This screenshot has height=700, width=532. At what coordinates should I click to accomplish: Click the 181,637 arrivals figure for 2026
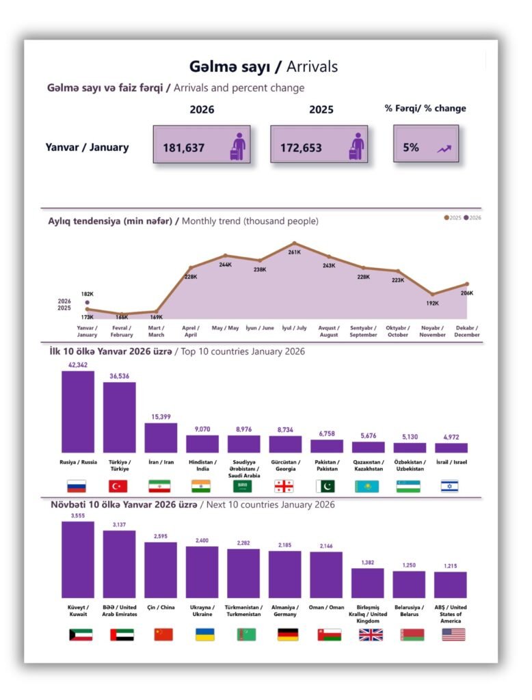click(184, 147)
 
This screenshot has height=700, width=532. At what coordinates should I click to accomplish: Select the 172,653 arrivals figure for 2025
click(301, 147)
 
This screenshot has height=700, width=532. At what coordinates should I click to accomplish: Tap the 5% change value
click(411, 146)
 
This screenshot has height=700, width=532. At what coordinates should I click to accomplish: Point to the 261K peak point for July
click(295, 243)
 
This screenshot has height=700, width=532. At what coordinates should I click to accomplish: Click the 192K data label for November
click(432, 303)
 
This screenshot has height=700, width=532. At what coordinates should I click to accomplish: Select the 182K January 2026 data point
click(88, 302)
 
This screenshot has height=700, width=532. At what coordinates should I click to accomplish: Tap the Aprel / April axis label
click(191, 332)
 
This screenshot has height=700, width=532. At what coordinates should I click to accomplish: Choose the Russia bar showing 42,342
click(78, 412)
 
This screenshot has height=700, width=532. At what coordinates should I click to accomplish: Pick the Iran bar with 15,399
click(161, 437)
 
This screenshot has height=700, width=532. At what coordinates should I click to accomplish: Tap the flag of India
click(201, 487)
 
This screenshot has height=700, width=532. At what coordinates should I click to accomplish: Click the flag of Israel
click(449, 487)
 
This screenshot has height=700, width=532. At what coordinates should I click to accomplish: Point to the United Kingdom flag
click(371, 634)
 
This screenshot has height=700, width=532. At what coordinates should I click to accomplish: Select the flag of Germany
click(287, 634)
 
